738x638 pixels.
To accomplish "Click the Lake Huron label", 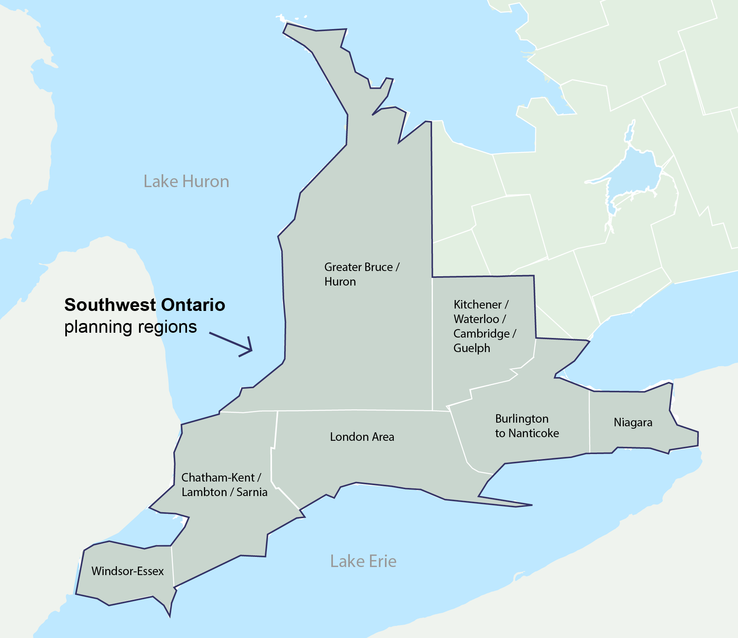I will (186, 181).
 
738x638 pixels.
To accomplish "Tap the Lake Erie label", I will (363, 561).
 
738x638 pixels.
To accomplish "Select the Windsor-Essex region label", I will (127, 571).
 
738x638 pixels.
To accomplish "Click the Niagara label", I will (633, 422).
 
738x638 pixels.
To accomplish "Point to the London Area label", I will (362, 437).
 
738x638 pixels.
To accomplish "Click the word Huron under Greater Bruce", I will (340, 281).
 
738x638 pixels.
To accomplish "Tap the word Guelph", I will (472, 348).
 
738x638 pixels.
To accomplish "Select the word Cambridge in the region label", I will (481, 334).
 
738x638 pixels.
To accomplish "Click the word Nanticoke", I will (534, 433).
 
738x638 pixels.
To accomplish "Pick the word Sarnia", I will (252, 492).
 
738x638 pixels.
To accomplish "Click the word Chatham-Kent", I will (218, 477).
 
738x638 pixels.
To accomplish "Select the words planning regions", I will (131, 327).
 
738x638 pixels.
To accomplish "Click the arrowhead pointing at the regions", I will (249, 348).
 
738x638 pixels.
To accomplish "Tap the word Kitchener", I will (477, 304).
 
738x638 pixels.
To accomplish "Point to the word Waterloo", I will (476, 319).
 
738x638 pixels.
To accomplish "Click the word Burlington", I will (522, 419).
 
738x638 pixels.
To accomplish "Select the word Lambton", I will (204, 492).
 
